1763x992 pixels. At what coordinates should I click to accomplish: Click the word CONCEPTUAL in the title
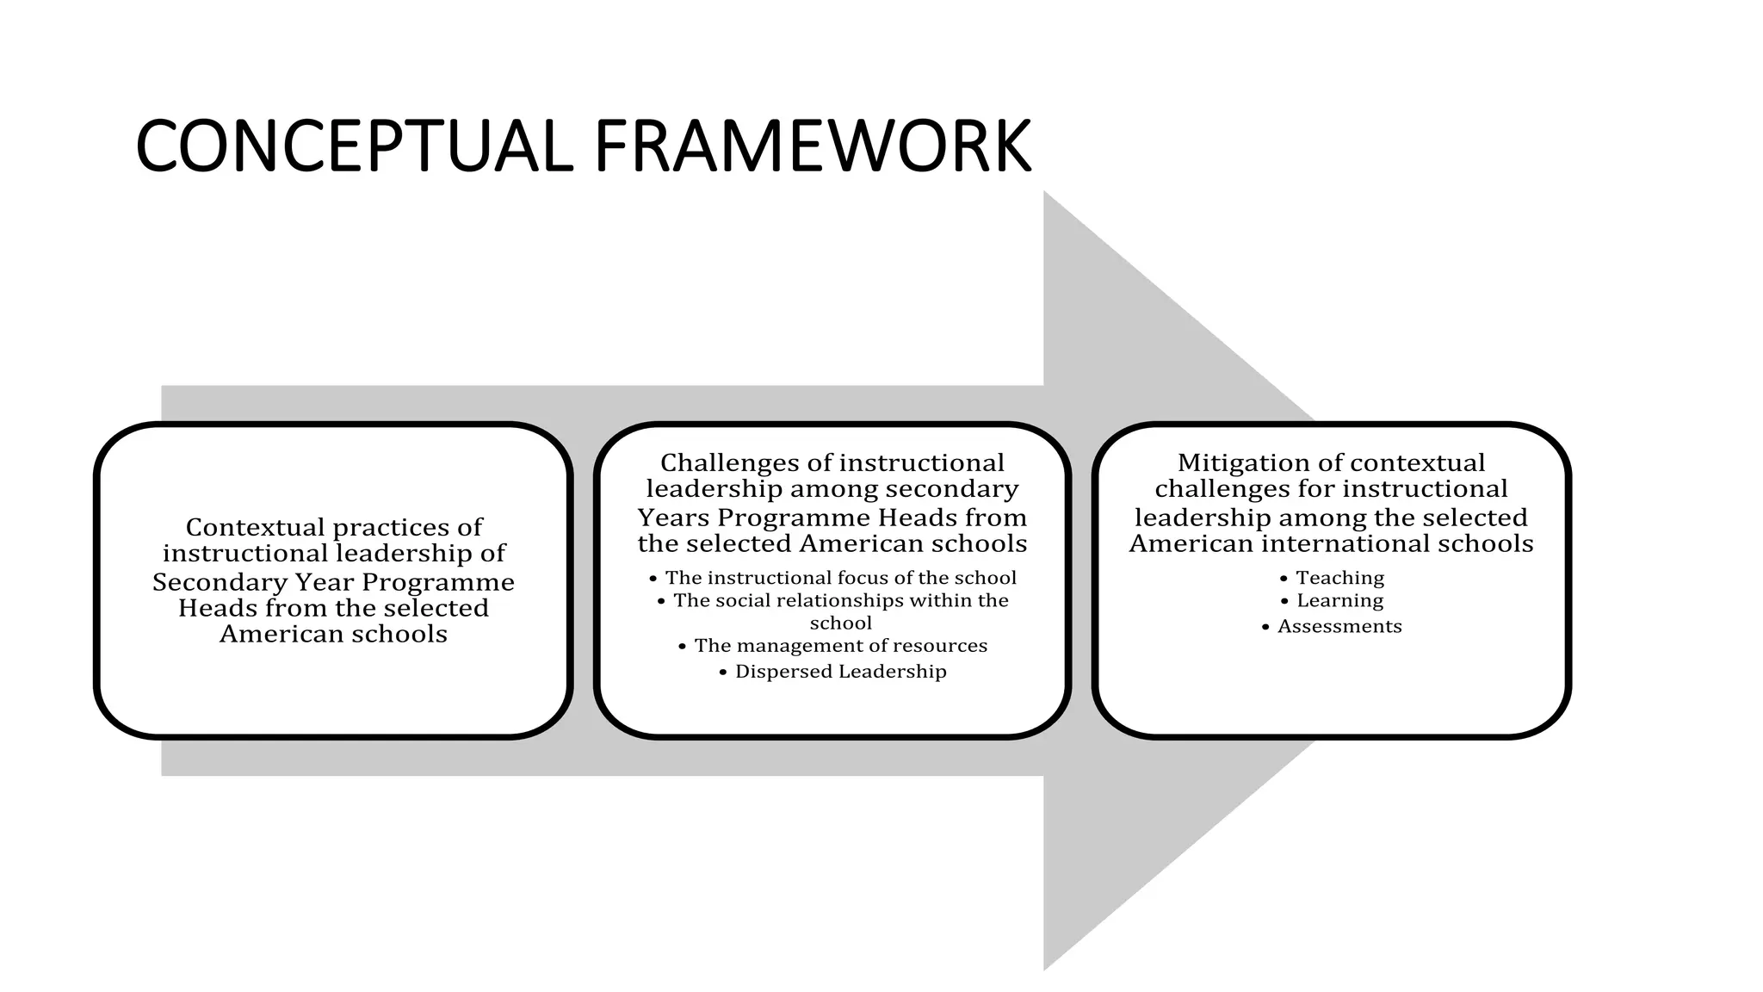(x=353, y=146)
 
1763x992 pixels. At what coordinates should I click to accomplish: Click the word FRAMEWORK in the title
(x=812, y=146)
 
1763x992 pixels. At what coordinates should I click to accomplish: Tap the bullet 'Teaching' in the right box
(x=1339, y=578)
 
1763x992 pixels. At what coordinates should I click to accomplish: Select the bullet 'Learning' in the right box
(x=1339, y=600)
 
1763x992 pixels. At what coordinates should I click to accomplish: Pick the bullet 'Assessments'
(x=1339, y=626)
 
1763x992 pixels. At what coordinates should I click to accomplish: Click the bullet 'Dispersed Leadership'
(x=840, y=671)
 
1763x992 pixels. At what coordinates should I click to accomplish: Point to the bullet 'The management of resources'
(x=840, y=645)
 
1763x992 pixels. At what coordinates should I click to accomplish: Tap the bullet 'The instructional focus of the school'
(x=840, y=578)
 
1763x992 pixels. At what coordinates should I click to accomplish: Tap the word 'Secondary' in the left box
(x=219, y=582)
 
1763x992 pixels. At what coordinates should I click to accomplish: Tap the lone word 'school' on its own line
(x=840, y=623)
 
